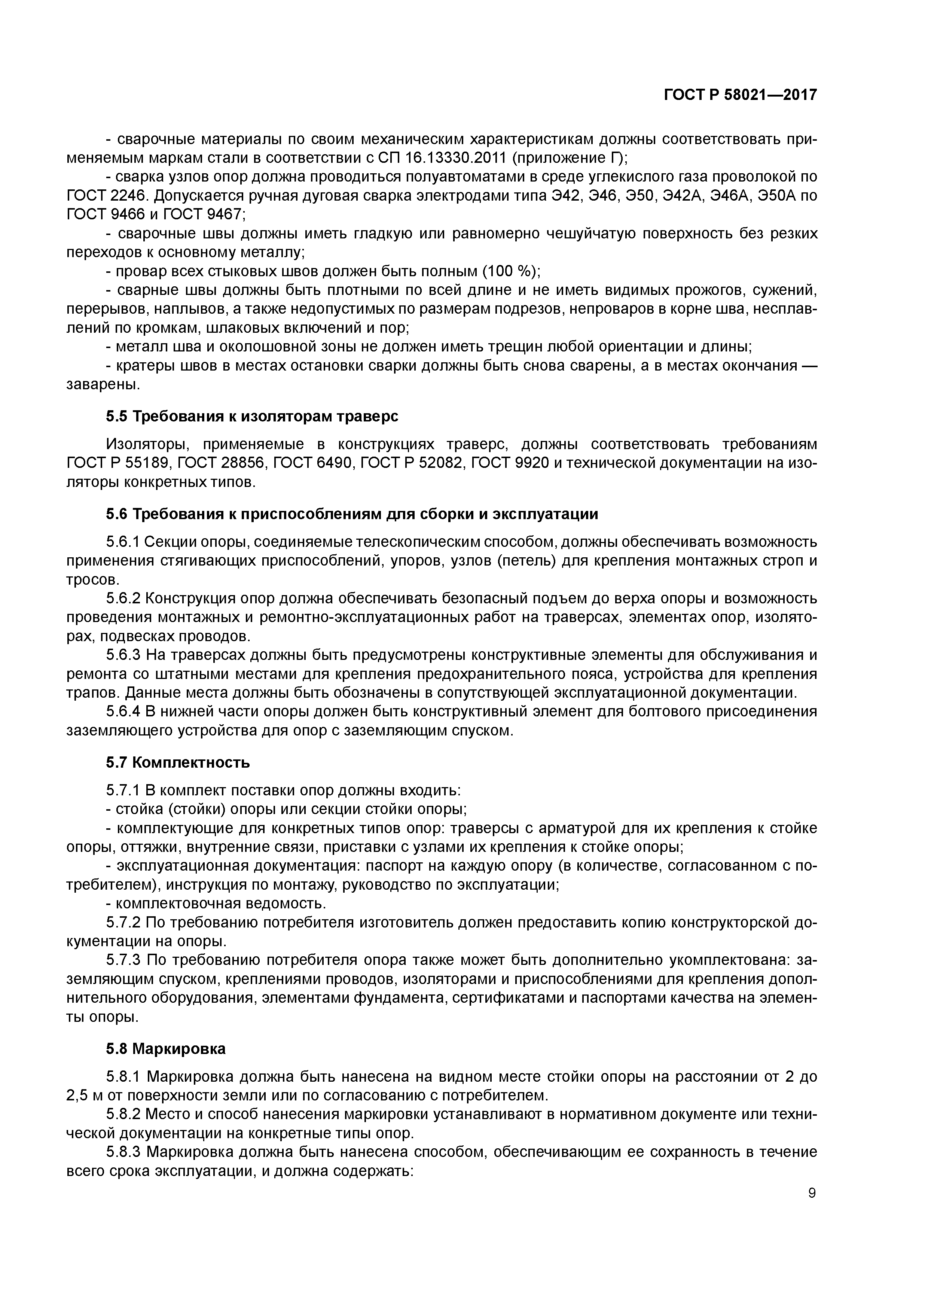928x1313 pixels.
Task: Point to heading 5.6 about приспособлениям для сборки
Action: [352, 514]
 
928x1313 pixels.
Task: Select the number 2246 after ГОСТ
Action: [129, 196]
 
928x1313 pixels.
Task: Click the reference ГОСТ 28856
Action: [310, 463]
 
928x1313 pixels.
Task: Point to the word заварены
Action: [103, 385]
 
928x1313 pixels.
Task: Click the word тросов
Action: [91, 580]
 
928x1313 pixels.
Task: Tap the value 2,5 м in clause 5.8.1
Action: [83, 1096]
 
